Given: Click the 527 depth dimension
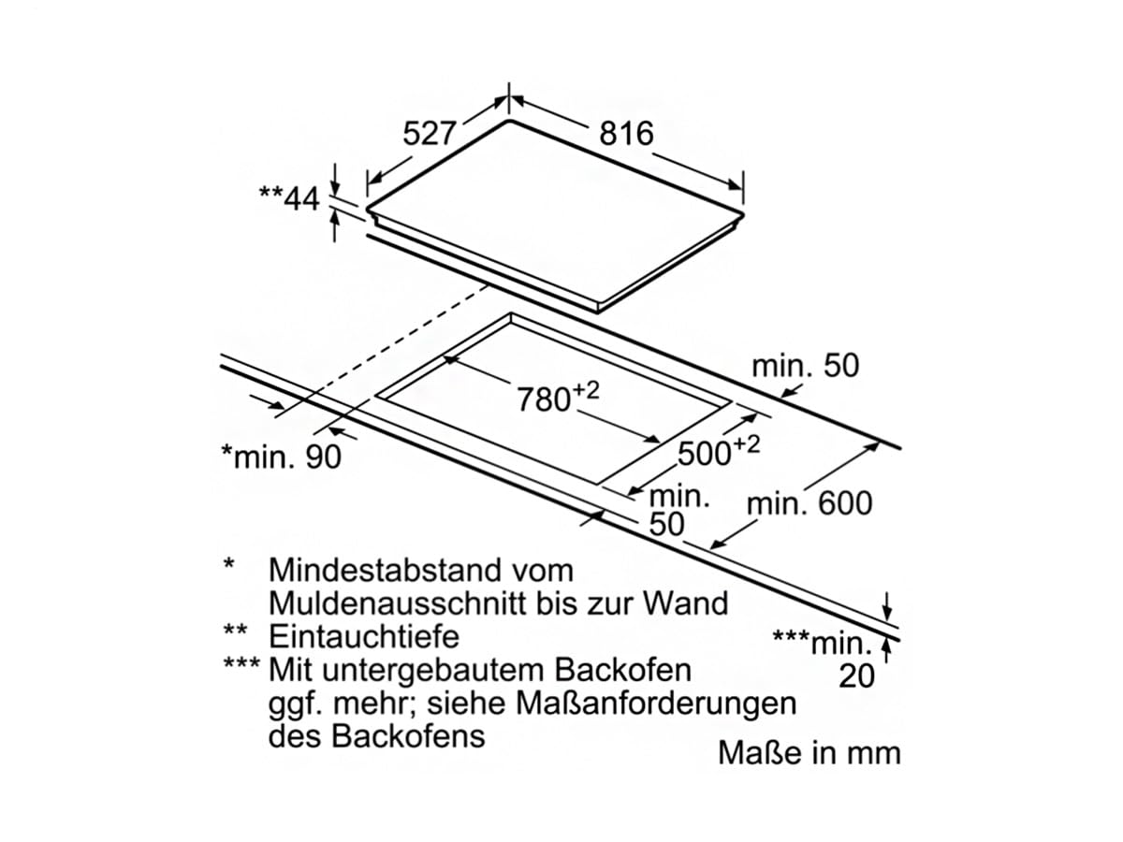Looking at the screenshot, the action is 429,134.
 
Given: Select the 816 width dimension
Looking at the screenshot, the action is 626,134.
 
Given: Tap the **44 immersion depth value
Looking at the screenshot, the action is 289,198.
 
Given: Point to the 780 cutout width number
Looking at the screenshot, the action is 544,399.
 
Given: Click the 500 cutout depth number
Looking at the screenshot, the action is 705,454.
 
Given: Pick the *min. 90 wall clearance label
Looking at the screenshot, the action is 282,457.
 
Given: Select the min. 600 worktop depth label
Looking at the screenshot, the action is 809,503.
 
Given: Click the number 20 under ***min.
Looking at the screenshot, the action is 857,676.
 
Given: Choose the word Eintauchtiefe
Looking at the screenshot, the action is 364,636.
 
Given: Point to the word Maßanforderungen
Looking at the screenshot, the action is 656,704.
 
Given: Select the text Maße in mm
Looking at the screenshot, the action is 809,752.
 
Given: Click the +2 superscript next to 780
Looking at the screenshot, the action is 585,391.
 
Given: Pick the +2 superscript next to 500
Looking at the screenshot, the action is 747,444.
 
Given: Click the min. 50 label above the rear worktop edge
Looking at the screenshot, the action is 806,366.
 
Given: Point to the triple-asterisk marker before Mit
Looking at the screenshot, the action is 241,664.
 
